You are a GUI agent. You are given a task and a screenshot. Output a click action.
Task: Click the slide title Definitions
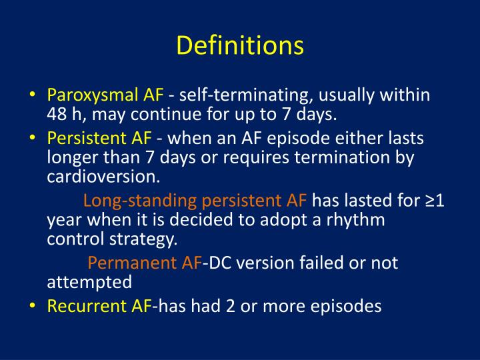(x=240, y=46)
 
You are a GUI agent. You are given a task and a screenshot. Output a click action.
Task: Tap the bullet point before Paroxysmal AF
(x=33, y=95)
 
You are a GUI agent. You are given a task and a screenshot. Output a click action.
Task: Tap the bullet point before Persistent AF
(x=33, y=138)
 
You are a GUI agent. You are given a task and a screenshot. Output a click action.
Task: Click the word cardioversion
(x=103, y=177)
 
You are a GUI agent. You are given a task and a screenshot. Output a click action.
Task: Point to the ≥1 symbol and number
(x=434, y=201)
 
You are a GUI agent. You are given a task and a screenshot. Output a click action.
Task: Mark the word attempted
(x=89, y=281)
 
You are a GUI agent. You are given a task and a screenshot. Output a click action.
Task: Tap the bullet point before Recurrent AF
(x=33, y=306)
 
